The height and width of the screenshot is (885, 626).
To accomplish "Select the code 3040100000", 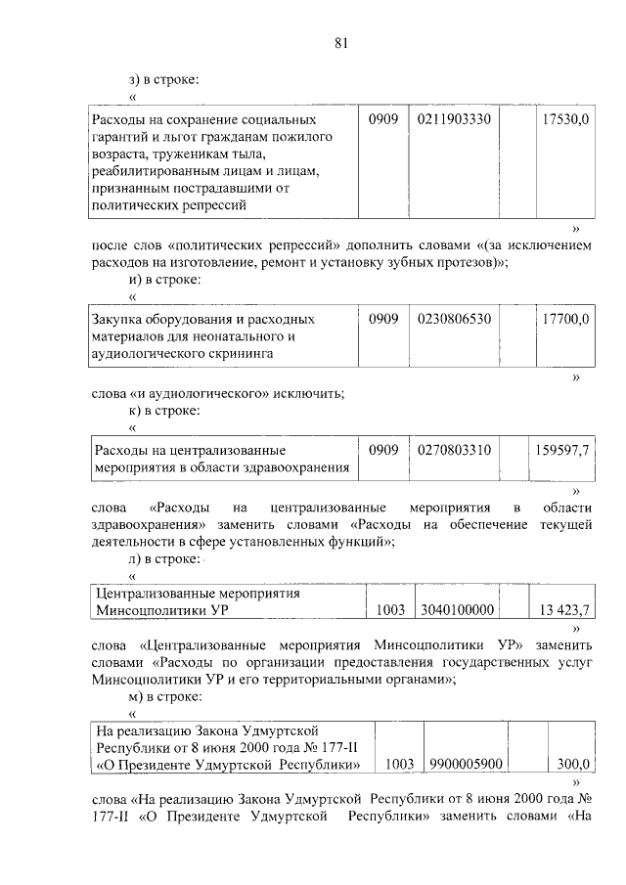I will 456,609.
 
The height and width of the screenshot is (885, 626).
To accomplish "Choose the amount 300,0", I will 572,764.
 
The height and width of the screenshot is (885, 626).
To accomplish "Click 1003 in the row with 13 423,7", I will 390,609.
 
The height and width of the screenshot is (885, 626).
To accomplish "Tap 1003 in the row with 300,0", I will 401,764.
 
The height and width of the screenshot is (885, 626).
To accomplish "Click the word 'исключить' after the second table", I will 310,394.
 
